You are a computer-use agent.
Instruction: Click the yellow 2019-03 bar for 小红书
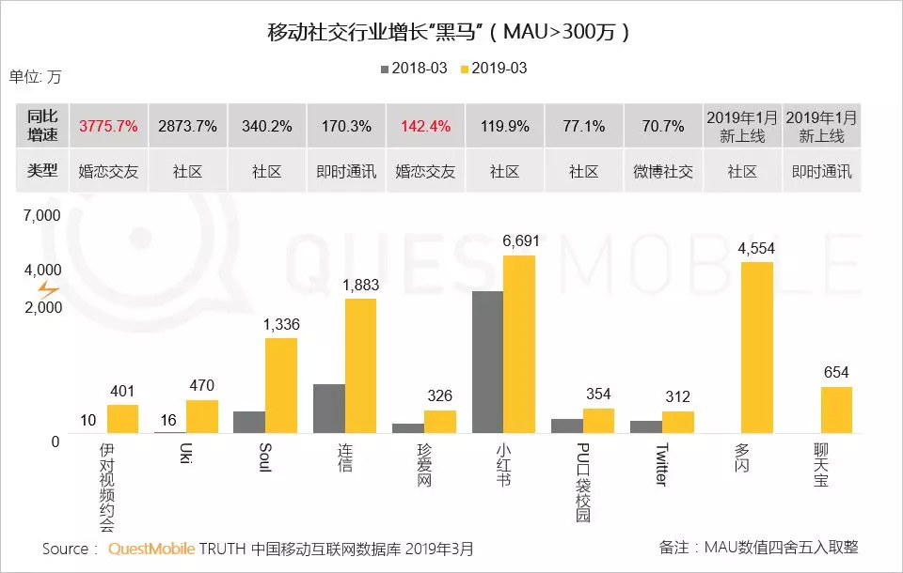tap(519, 344)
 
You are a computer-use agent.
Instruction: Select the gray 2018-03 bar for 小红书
tap(487, 362)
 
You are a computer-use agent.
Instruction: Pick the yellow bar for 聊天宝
tap(835, 410)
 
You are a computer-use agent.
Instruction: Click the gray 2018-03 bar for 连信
tap(328, 408)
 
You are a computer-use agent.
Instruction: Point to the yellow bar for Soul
tap(280, 385)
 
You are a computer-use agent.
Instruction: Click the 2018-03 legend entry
tap(412, 69)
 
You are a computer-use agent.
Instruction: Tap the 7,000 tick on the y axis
tap(41, 216)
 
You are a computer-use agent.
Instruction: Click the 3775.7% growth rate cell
tap(109, 125)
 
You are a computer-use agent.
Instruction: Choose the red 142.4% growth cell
tap(425, 125)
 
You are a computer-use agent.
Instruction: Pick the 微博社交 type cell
tap(662, 171)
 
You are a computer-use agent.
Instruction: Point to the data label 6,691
tap(521, 241)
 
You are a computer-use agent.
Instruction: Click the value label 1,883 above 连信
tap(362, 285)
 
